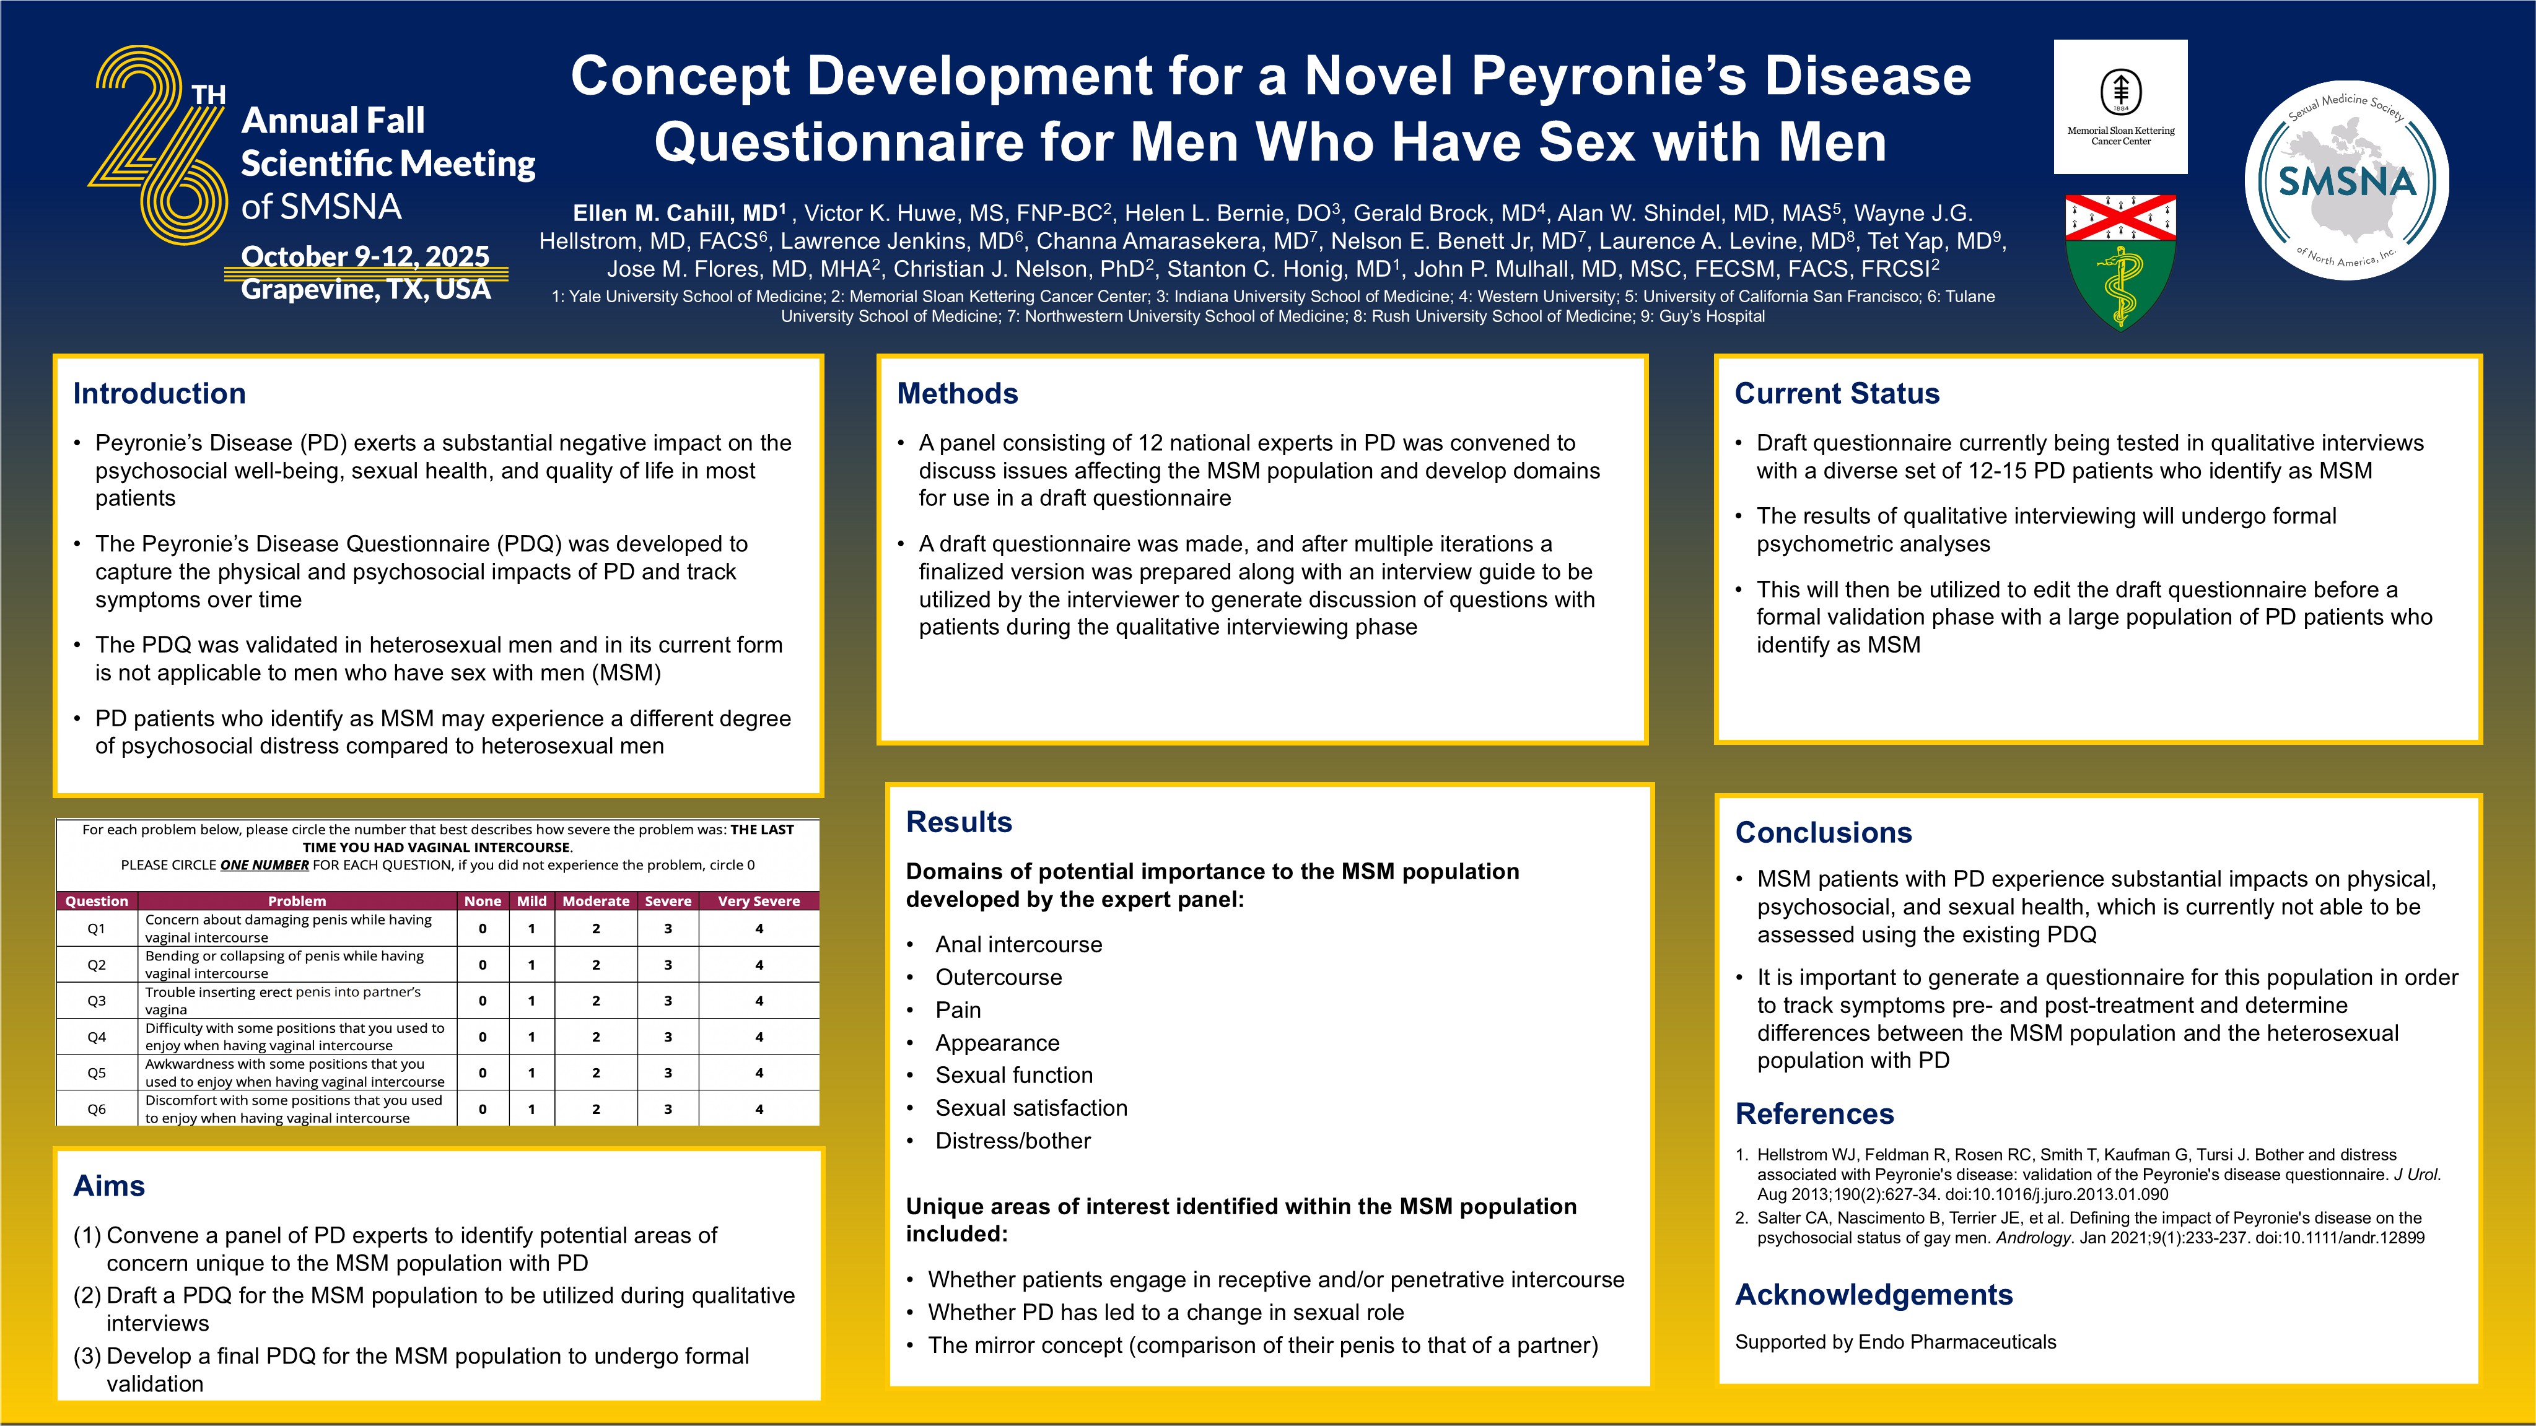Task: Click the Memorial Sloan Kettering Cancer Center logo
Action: coord(2120,107)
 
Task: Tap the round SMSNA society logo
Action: coord(2347,180)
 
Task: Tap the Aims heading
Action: coord(109,1186)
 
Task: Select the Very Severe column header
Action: coord(758,900)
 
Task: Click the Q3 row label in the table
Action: coord(97,1001)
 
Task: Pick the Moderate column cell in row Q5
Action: coord(596,1072)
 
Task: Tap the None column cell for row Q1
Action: coord(483,928)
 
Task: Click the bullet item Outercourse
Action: coord(999,977)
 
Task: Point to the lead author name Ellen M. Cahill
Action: coord(675,214)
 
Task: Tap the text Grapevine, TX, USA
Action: coord(365,289)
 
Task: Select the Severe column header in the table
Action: coord(668,900)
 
